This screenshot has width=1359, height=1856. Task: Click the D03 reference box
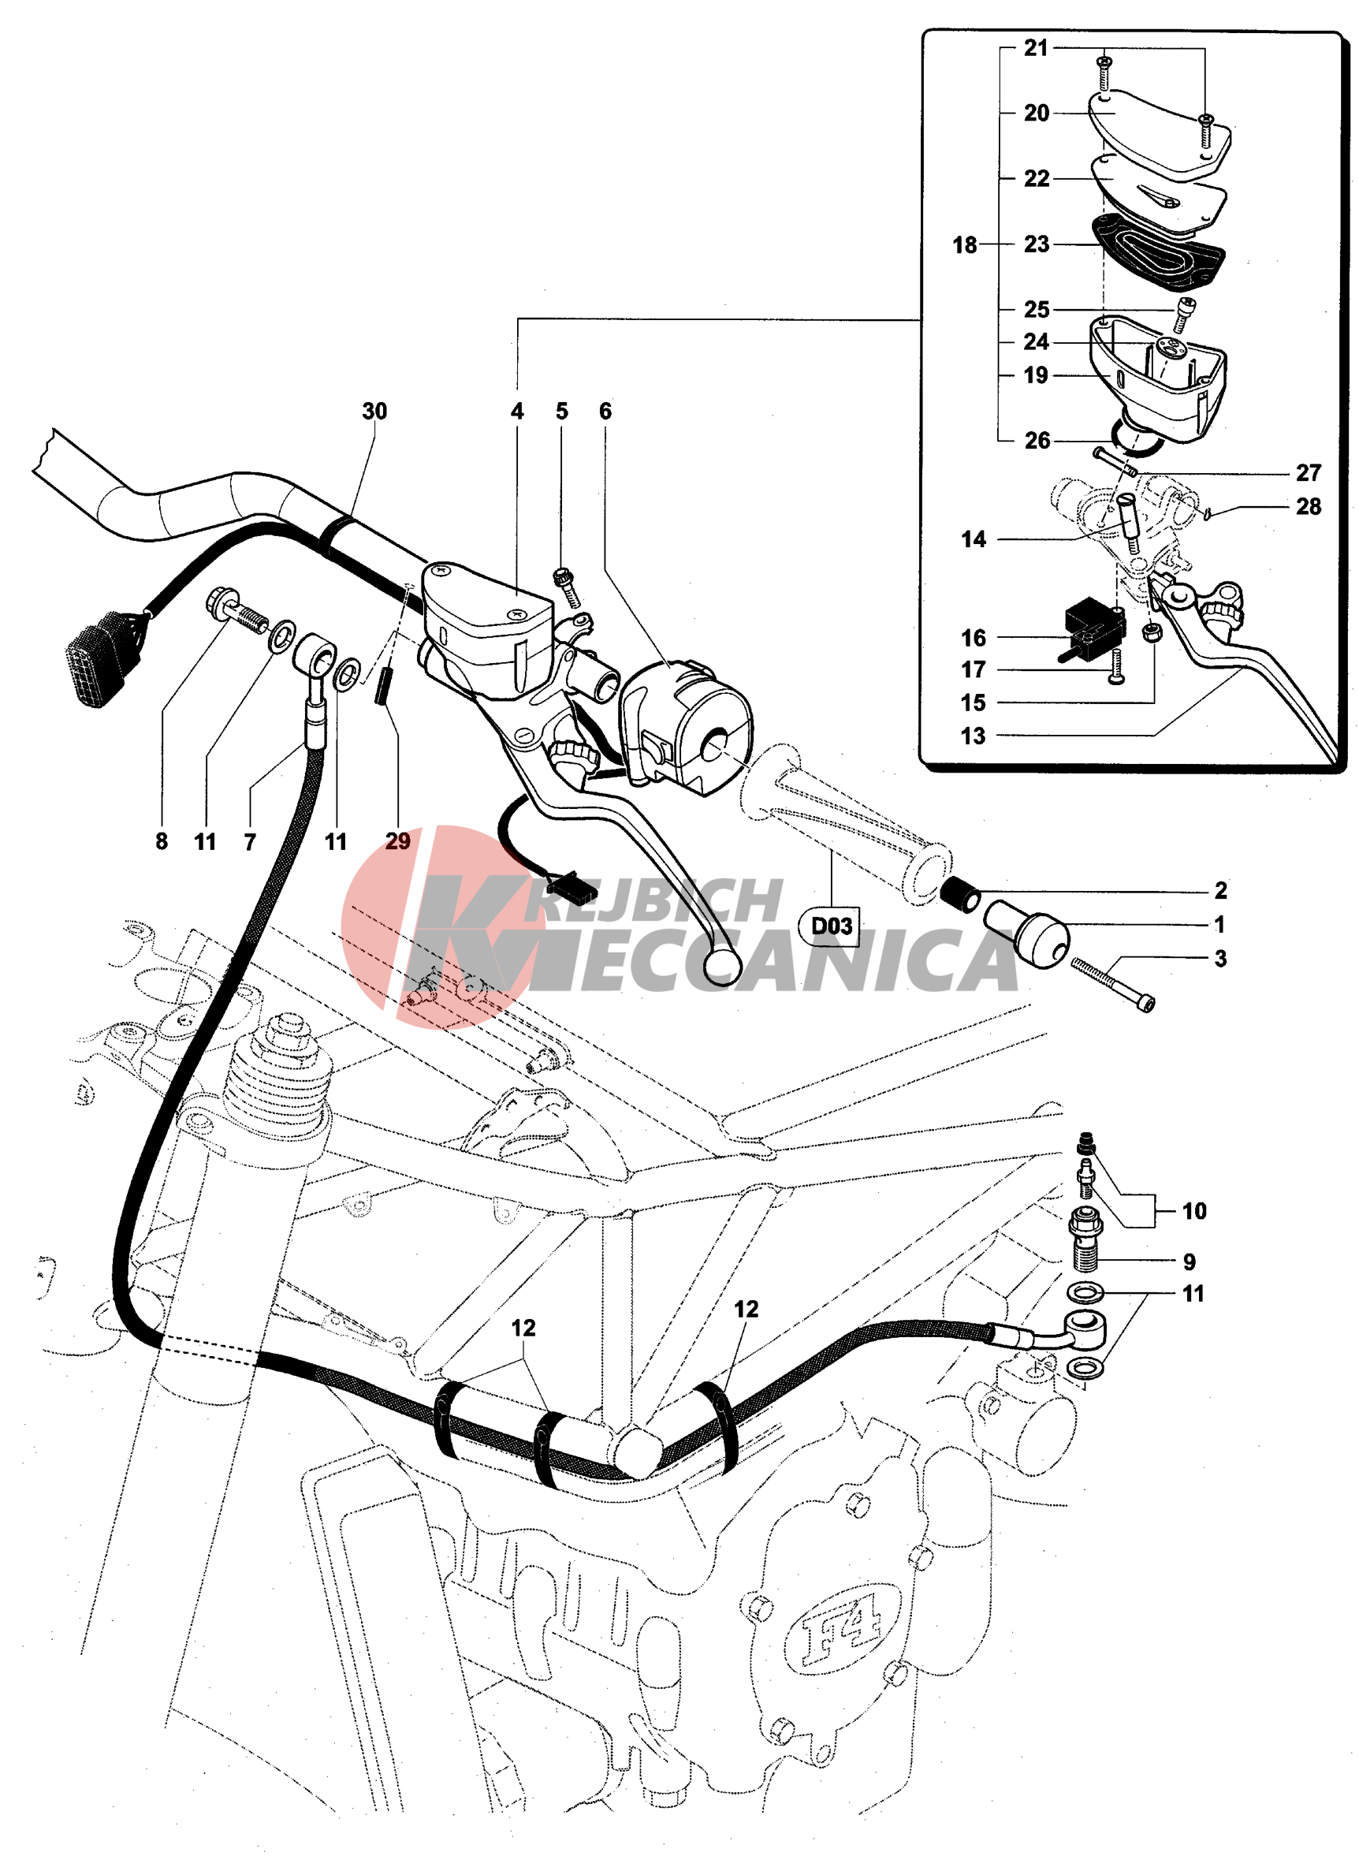tap(831, 926)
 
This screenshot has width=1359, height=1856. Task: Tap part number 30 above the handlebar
tap(374, 412)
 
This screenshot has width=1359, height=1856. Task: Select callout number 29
tap(397, 841)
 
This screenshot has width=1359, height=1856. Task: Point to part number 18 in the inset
tap(964, 244)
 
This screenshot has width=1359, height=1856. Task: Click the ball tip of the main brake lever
tap(722, 967)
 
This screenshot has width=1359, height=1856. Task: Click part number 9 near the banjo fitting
tap(1189, 1262)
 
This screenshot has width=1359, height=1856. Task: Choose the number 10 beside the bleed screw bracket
tap(1193, 1211)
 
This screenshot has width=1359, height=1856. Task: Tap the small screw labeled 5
tap(568, 586)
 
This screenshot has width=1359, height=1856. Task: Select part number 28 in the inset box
tap(1308, 507)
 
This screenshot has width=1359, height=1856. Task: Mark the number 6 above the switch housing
tap(605, 412)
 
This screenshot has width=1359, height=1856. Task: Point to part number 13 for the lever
tap(973, 736)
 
